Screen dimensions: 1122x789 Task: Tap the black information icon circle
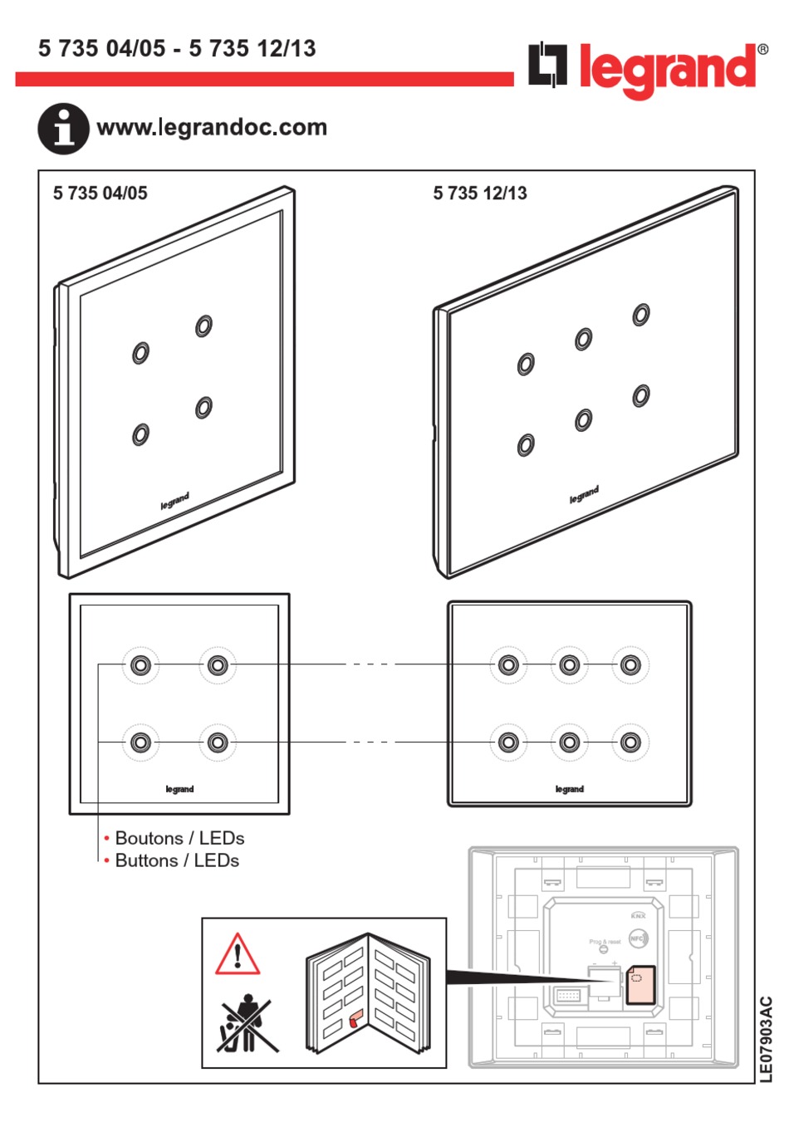(63, 129)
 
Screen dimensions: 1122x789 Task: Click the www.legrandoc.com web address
(212, 127)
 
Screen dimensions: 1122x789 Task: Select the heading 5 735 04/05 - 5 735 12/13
(177, 48)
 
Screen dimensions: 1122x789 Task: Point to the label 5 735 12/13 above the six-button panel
(480, 194)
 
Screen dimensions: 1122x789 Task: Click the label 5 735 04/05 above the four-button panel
(100, 194)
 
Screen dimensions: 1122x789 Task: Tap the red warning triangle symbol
(238, 954)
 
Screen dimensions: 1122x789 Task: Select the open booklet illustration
(367, 993)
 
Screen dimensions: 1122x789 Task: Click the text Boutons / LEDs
(179, 838)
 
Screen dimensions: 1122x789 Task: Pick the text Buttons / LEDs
(177, 860)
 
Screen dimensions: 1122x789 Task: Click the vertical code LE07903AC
(766, 1039)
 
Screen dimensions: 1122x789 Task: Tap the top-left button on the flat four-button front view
(140, 665)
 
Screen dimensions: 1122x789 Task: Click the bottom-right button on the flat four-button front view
(218, 742)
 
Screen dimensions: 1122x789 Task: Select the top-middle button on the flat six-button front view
(569, 665)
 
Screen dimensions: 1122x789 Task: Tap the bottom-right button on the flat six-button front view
(630, 742)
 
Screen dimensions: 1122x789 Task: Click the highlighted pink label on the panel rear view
(640, 985)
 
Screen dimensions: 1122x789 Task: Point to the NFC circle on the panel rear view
(637, 939)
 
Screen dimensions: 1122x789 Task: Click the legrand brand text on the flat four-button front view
(179, 789)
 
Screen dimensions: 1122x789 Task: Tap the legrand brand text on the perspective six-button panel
(584, 495)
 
